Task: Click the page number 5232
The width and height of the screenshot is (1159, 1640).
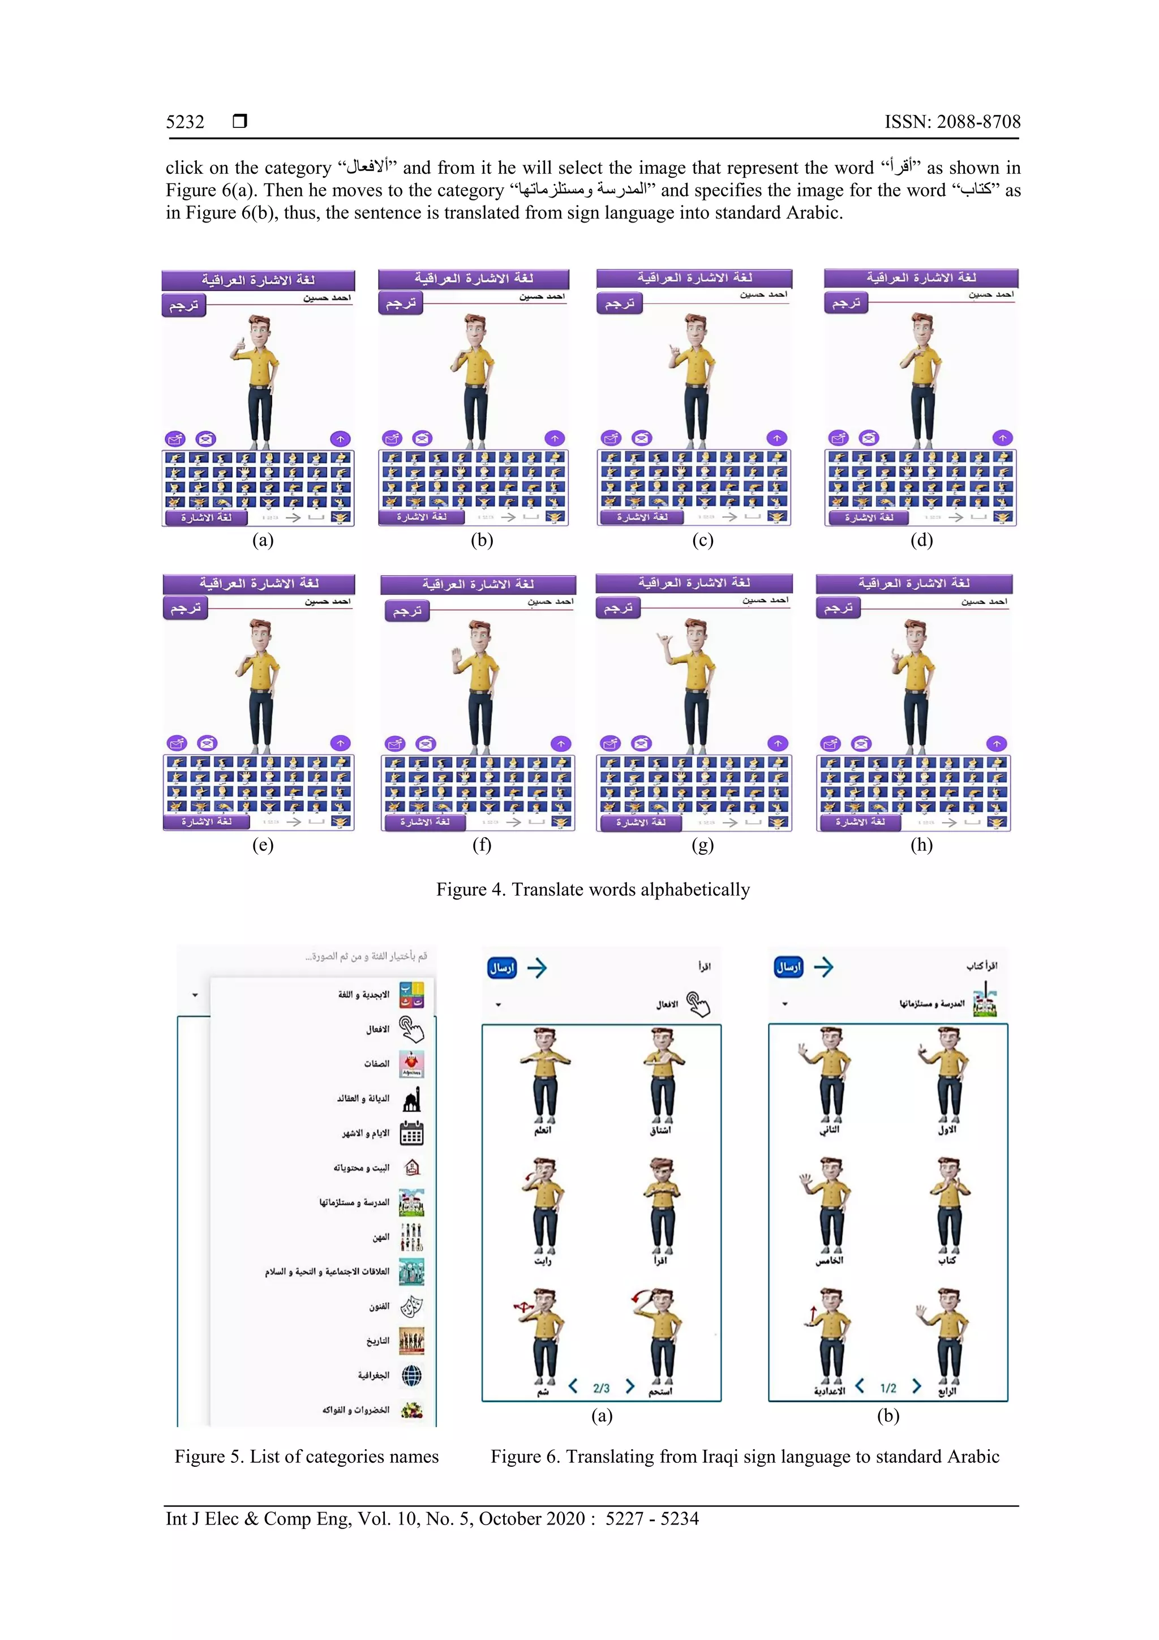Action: (185, 122)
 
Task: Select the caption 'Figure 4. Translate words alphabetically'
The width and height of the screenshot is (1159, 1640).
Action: (593, 889)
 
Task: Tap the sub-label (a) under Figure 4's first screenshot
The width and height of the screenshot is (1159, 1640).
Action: (263, 540)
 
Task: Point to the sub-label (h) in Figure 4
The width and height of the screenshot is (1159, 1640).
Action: (921, 845)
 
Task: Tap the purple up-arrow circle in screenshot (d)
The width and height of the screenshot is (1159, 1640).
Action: (1003, 438)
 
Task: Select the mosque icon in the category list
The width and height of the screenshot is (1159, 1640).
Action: (411, 1099)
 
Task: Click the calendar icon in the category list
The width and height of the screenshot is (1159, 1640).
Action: (411, 1133)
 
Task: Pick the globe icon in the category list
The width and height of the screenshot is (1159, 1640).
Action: (411, 1375)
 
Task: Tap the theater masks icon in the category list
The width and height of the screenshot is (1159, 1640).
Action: (411, 1307)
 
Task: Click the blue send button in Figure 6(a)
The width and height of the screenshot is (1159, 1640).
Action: (502, 968)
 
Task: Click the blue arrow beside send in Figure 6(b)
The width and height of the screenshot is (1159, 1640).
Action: (823, 967)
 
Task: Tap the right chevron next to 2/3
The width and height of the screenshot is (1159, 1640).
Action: (630, 1386)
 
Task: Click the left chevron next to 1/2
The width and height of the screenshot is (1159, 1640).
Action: (860, 1386)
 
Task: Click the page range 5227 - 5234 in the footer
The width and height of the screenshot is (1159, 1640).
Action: (652, 1519)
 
